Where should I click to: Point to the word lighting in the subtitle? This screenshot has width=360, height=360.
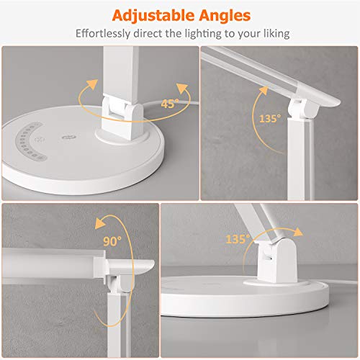click(x=201, y=33)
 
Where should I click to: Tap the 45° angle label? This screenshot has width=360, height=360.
click(x=169, y=102)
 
